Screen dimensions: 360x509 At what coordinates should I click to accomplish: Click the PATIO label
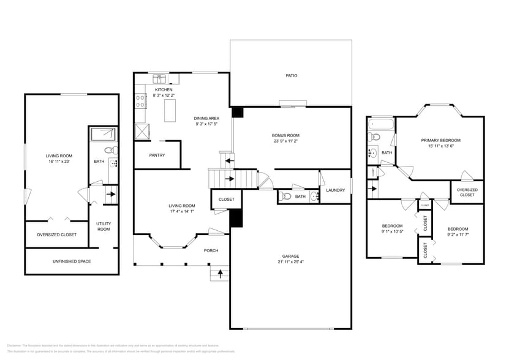(x=291, y=76)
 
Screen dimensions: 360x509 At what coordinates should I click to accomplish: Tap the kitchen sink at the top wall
(x=161, y=79)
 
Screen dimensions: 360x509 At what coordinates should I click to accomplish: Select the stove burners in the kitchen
(x=140, y=100)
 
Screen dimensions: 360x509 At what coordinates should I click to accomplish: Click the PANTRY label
(x=157, y=156)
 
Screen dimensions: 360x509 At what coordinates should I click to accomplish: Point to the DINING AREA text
(x=206, y=118)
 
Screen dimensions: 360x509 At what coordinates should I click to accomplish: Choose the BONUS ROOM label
(x=285, y=135)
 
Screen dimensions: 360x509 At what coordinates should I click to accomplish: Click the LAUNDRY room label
(x=335, y=190)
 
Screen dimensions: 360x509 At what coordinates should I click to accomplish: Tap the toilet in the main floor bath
(x=285, y=197)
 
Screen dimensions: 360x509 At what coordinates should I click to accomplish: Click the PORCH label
(x=211, y=250)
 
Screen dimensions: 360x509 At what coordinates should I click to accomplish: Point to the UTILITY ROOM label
(x=103, y=227)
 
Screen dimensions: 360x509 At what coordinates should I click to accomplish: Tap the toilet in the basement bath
(x=108, y=150)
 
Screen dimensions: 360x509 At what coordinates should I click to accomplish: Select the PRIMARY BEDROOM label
(x=440, y=140)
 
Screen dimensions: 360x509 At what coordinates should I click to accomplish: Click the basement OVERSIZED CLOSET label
(x=56, y=234)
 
